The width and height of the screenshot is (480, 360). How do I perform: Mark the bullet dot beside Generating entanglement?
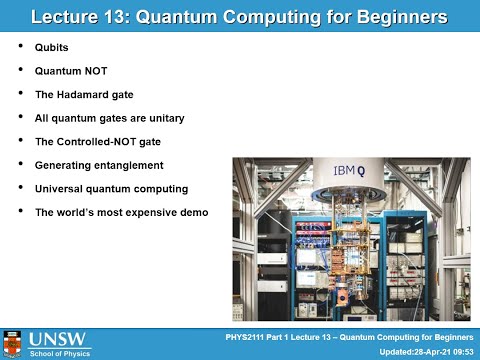coord(21,164)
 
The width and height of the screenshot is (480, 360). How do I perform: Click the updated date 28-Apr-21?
coord(425,350)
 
